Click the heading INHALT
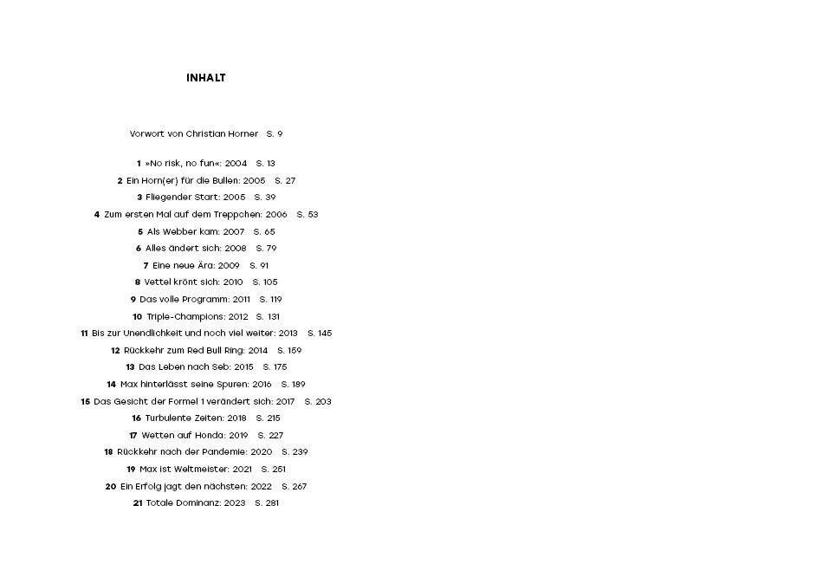[206, 78]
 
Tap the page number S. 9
[275, 134]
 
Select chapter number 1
[139, 164]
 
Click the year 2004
[236, 164]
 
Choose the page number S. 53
[307, 215]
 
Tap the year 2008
[236, 249]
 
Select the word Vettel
[156, 282]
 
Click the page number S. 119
[271, 300]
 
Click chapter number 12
[115, 351]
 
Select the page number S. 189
[294, 385]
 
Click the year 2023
[235, 503]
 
